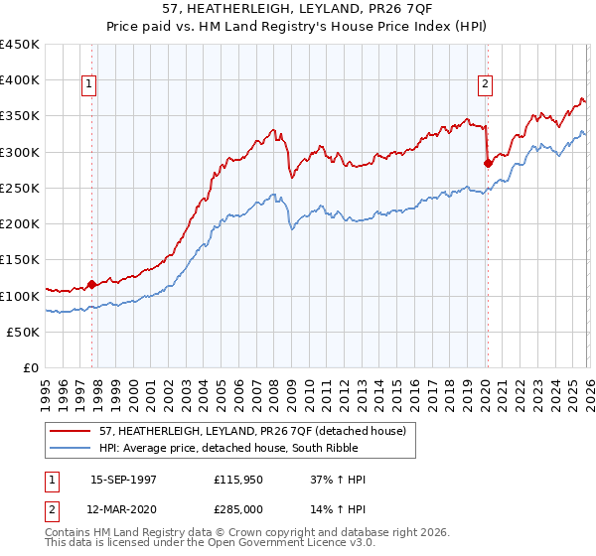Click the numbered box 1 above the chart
(89, 85)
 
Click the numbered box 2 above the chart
(486, 85)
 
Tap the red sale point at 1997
(92, 284)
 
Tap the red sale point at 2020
(487, 162)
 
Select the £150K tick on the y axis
(20, 260)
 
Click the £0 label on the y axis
(31, 368)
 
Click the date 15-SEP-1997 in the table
(123, 479)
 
